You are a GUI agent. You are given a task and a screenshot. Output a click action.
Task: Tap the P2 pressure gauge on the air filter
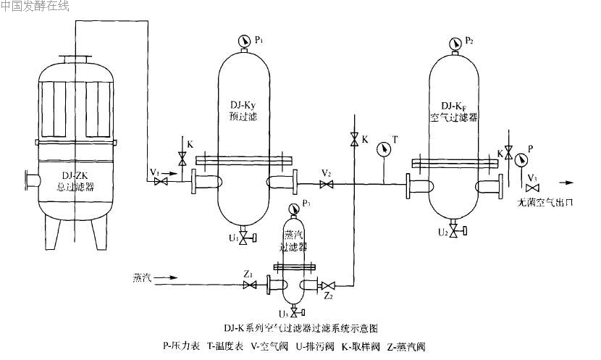click(454, 41)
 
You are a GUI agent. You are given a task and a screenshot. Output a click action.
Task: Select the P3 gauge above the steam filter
click(293, 209)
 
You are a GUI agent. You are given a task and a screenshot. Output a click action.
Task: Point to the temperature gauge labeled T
click(383, 150)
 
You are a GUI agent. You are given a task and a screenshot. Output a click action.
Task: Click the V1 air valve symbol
click(160, 181)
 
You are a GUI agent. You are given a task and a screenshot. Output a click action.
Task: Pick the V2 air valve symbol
click(327, 185)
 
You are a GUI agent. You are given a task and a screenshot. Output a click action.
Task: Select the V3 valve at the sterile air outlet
click(537, 189)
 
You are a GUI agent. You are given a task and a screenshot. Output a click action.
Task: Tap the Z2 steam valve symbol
click(329, 285)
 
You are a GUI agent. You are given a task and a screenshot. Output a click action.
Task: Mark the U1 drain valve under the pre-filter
click(244, 237)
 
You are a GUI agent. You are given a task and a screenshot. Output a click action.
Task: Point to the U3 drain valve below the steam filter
click(293, 314)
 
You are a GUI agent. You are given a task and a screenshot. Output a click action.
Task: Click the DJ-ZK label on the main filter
click(77, 174)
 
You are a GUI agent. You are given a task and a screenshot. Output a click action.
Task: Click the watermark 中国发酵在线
click(35, 6)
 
